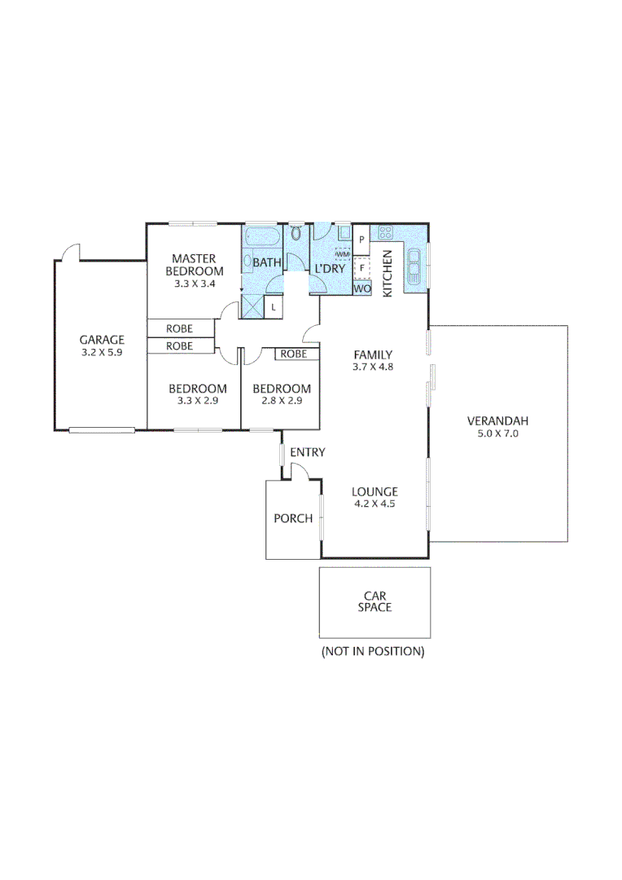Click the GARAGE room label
(x=102, y=340)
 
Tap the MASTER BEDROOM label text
(x=194, y=265)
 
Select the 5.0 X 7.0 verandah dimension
(x=497, y=434)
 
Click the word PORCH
(x=292, y=518)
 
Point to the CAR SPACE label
(x=375, y=601)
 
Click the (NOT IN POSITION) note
(x=374, y=651)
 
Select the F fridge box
(x=361, y=267)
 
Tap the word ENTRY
(x=307, y=452)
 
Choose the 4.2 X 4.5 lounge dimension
(x=375, y=504)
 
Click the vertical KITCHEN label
(x=388, y=273)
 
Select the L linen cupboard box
(x=274, y=306)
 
